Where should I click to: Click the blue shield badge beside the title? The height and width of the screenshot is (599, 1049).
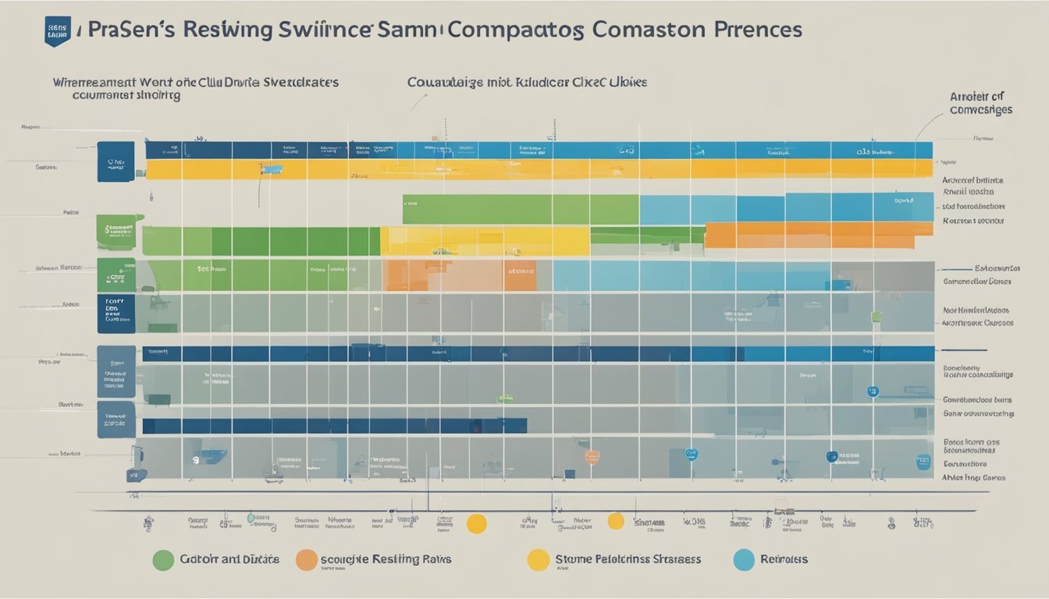click(57, 31)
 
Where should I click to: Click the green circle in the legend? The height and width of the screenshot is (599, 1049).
click(163, 559)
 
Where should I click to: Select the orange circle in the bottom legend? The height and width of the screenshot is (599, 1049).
click(307, 559)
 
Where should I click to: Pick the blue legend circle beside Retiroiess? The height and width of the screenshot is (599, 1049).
click(745, 559)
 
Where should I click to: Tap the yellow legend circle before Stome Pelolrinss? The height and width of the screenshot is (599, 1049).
click(538, 559)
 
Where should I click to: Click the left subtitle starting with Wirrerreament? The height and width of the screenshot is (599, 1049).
click(195, 87)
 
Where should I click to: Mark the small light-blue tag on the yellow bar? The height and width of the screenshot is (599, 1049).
click(272, 168)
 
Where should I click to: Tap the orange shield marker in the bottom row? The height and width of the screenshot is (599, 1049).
click(592, 456)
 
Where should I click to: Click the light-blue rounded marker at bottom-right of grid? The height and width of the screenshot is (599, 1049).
click(923, 462)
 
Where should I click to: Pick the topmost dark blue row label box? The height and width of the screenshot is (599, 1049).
click(116, 161)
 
